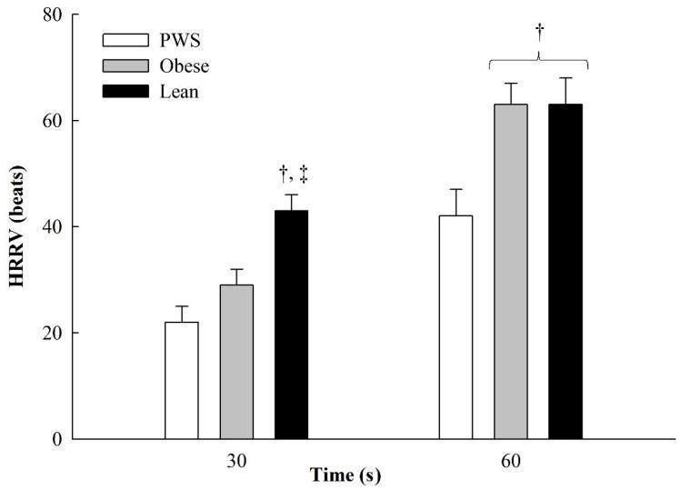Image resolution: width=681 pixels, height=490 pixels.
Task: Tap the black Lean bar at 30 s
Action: [x=291, y=325]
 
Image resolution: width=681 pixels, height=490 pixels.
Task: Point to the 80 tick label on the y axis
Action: [x=52, y=15]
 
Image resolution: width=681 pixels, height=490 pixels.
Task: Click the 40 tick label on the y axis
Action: [x=52, y=227]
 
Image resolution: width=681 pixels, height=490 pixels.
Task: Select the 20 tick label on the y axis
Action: [x=52, y=333]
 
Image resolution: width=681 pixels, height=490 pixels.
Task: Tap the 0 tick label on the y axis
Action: [x=56, y=439]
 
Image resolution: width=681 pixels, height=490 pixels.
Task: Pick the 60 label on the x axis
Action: [x=510, y=460]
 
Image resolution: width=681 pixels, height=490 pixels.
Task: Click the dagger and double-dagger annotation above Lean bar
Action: [x=292, y=177]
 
